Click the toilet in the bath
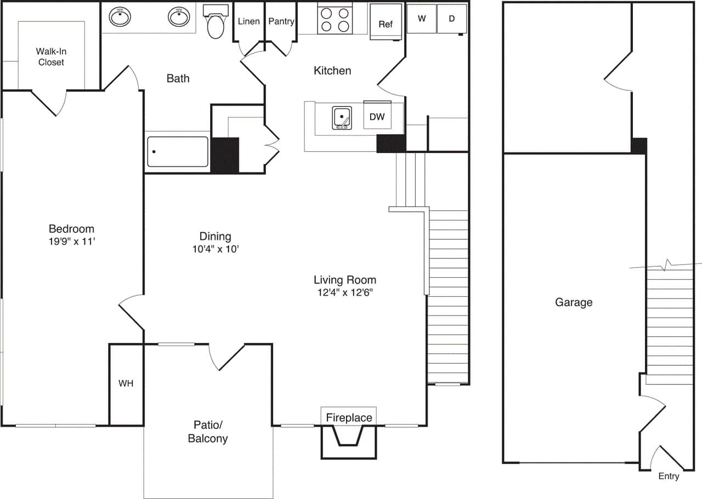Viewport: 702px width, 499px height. (216, 23)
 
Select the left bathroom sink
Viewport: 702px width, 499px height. (120, 17)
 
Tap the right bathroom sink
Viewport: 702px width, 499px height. (178, 17)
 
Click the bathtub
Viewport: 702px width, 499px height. (178, 152)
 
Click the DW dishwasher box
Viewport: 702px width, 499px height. (377, 117)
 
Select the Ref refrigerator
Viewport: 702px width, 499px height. (386, 24)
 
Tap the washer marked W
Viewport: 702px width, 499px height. (422, 19)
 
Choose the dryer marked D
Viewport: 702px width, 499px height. (452, 19)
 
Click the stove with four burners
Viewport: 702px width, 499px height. (335, 19)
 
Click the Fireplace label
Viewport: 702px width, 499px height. (349, 417)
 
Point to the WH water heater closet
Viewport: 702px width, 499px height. (126, 383)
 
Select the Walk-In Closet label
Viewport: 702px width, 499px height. (51, 56)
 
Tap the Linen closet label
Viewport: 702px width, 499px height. (249, 21)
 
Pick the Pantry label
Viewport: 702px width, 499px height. (281, 21)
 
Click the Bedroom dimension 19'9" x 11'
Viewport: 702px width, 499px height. (71, 240)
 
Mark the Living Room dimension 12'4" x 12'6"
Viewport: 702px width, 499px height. (345, 292)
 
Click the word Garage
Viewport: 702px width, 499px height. (574, 302)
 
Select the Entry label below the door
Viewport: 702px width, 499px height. (669, 476)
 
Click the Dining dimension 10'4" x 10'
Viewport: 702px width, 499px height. (215, 248)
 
